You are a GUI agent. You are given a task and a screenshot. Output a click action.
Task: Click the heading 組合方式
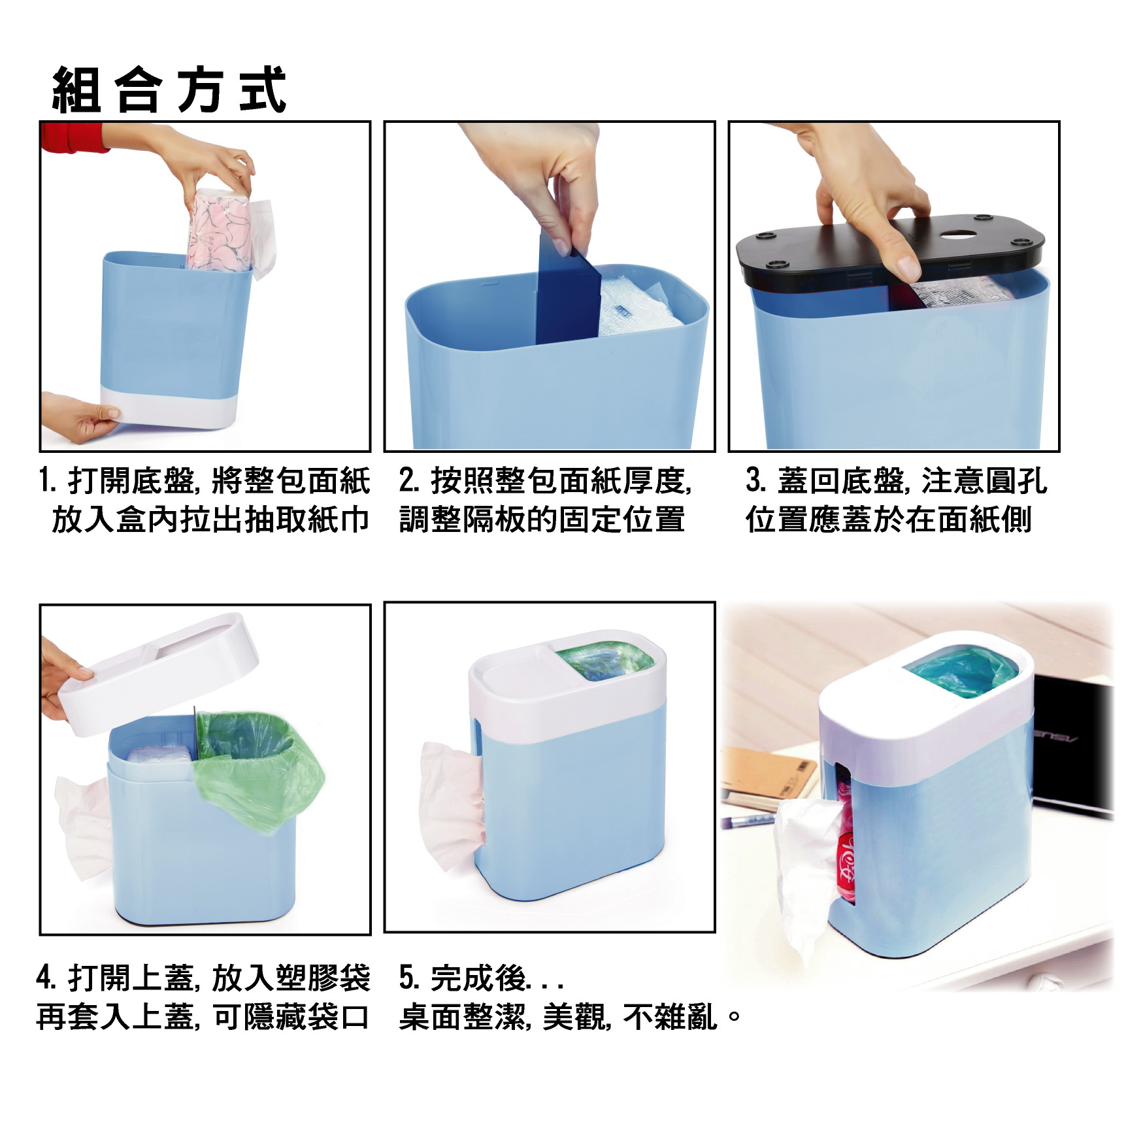pyautogui.click(x=169, y=90)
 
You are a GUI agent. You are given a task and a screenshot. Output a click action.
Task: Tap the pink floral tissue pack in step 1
pyautogui.click(x=219, y=230)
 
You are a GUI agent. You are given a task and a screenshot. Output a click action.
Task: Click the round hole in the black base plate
pyautogui.click(x=959, y=233)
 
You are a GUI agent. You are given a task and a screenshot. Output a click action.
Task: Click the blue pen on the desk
pyautogui.click(x=751, y=821)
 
